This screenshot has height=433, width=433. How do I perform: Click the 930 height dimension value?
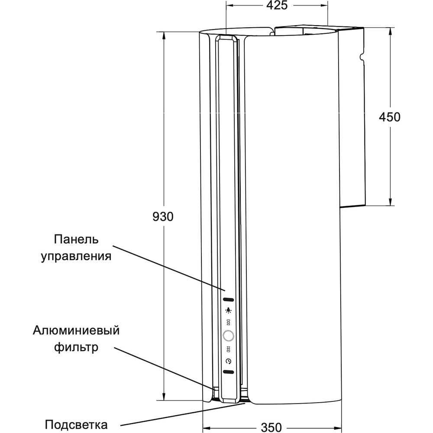pyautogui.click(x=163, y=216)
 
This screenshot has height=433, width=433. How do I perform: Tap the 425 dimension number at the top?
pyautogui.click(x=277, y=6)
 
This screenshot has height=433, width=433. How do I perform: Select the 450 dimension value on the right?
pyautogui.click(x=389, y=117)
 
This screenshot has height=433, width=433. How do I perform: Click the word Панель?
pyautogui.click(x=77, y=239)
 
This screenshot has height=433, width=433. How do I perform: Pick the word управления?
pyautogui.click(x=76, y=256)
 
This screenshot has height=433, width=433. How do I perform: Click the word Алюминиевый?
pyautogui.click(x=76, y=331)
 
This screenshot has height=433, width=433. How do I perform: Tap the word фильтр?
pyautogui.click(x=76, y=347)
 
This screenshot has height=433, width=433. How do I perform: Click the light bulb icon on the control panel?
pyautogui.click(x=228, y=310)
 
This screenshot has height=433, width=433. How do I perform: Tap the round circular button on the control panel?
pyautogui.click(x=228, y=336)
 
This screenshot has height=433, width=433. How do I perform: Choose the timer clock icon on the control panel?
pyautogui.click(x=228, y=361)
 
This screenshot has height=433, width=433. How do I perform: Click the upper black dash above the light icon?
pyautogui.click(x=228, y=299)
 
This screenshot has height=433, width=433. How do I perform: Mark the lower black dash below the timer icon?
pyautogui.click(x=228, y=372)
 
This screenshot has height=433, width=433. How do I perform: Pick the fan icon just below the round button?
pyautogui.click(x=228, y=349)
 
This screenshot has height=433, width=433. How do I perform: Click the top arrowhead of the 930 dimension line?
pyautogui.click(x=164, y=35)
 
